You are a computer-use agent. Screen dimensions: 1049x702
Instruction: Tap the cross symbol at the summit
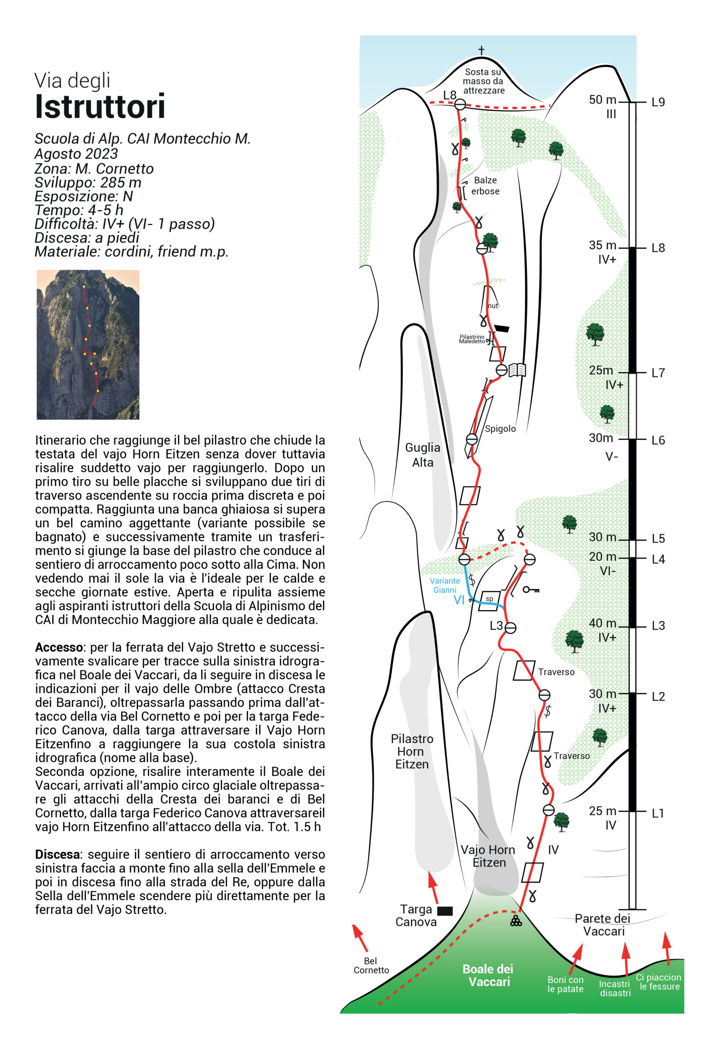pos(481,50)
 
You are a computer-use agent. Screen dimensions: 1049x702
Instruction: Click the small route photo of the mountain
pos(88,344)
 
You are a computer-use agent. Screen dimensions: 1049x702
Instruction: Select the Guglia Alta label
pos(422,455)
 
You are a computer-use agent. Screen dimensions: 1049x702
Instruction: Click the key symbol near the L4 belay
pos(532,589)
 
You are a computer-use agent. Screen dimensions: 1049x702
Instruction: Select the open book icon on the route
pos(517,370)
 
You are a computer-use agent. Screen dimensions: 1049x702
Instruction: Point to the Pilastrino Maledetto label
pos(472,339)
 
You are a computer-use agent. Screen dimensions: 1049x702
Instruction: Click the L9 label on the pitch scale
pos(658,102)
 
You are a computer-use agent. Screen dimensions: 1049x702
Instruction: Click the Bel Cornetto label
pos(371,965)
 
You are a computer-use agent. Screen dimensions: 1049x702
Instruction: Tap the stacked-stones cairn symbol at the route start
pos(516,921)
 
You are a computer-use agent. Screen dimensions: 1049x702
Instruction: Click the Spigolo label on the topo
pos(500,429)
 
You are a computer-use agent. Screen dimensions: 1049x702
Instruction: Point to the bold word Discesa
pos(57,854)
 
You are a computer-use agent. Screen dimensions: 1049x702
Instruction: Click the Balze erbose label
pos(485,185)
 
